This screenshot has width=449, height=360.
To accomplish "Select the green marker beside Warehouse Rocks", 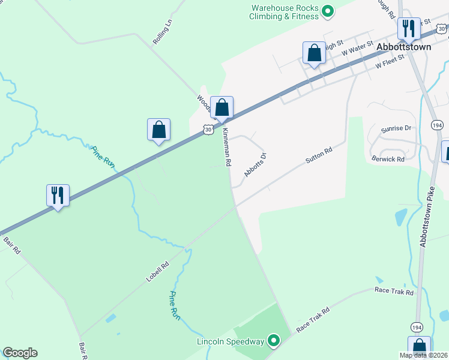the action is click(328, 11).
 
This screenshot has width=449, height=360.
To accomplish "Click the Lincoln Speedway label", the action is click(231, 341).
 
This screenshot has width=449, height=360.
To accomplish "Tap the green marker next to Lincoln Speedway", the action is click(274, 341).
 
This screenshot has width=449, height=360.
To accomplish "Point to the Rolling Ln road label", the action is click(162, 32).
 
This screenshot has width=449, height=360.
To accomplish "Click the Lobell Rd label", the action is click(157, 272).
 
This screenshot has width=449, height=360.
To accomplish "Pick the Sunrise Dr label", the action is click(396, 128).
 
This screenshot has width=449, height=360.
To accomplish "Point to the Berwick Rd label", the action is click(388, 159).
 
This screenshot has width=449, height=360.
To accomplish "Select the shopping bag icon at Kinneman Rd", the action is click(221, 108).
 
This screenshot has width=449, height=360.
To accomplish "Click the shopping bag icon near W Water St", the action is click(314, 53).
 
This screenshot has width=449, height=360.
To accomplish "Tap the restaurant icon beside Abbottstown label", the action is click(409, 28).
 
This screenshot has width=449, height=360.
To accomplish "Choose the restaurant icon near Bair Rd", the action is click(58, 195).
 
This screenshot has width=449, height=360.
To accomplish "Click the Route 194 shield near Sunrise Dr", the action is click(436, 124).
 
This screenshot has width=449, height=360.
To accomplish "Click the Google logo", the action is click(20, 353).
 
